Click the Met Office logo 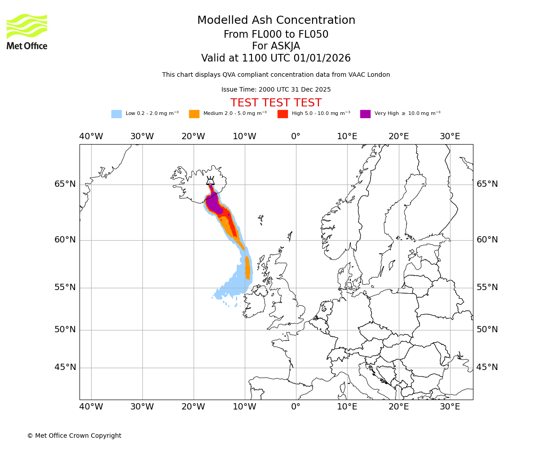[27, 32]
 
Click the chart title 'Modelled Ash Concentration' [276, 21]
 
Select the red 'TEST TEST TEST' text [276, 103]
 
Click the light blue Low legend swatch [116, 114]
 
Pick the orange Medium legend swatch [194, 114]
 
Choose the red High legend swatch [283, 114]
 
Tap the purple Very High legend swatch [365, 114]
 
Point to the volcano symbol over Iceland [210, 181]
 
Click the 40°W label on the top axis [91, 136]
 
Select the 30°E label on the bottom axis [450, 407]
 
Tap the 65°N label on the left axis [65, 184]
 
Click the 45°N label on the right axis [487, 367]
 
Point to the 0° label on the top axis [296, 136]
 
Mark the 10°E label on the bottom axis [347, 407]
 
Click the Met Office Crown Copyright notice [74, 436]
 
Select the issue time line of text [276, 89]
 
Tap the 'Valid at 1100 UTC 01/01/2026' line [276, 58]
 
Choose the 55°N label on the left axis [65, 287]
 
